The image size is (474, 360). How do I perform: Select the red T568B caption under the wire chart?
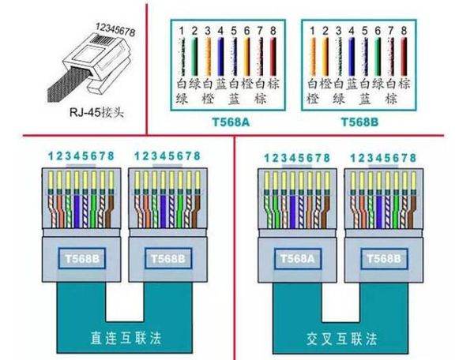[359, 122]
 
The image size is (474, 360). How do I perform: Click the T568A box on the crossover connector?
[298, 257]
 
